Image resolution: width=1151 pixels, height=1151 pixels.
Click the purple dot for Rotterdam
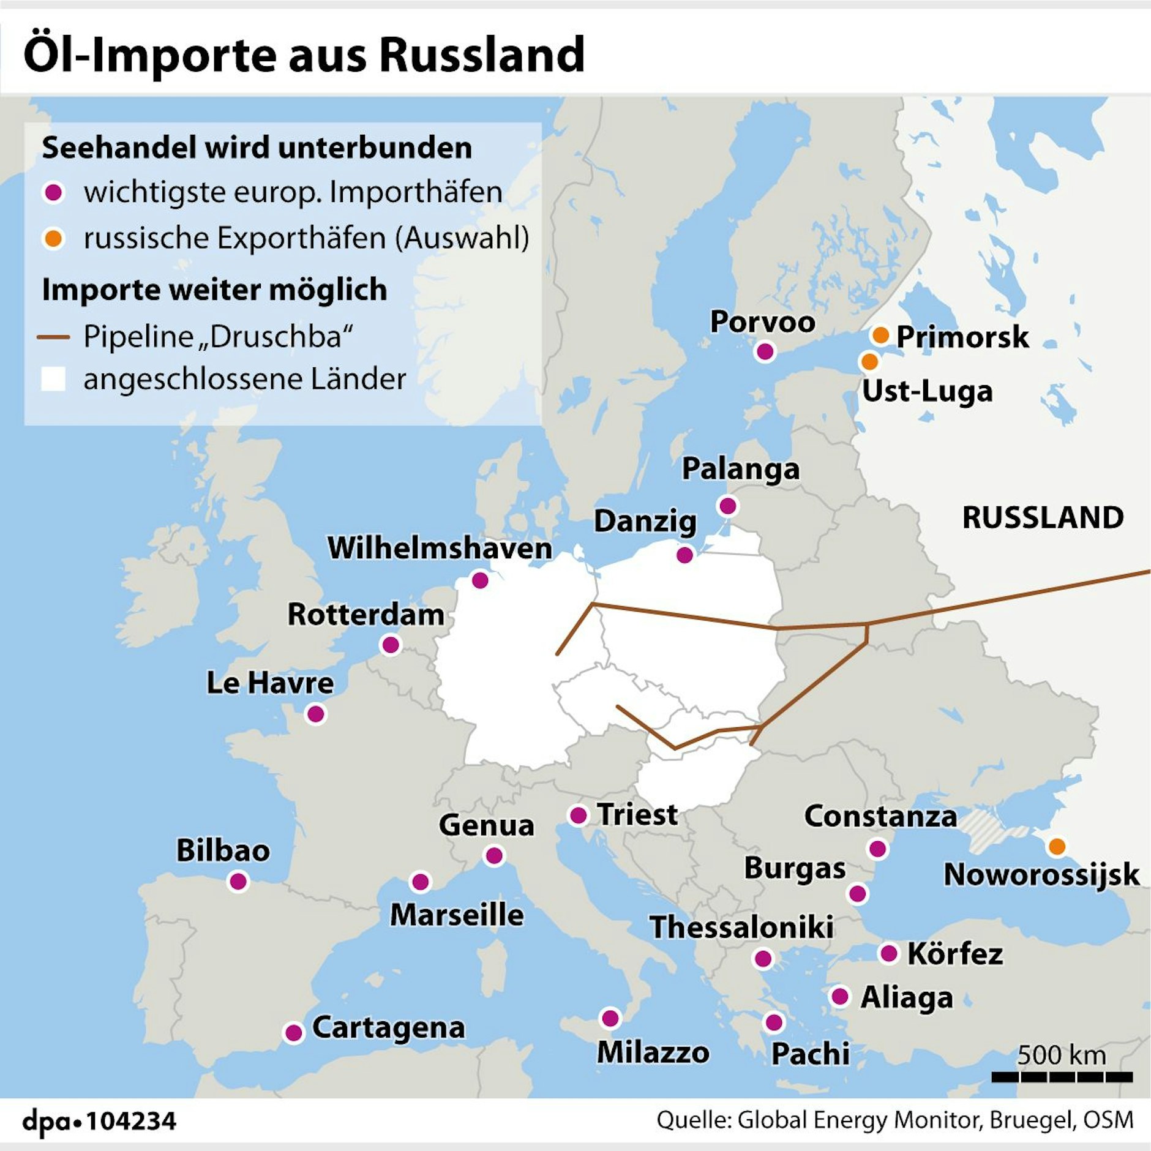pos(391,644)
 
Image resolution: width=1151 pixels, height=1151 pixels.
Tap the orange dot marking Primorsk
pos(880,335)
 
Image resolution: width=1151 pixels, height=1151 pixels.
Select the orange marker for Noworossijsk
pos(1057,847)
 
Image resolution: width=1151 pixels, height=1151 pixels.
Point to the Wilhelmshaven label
pos(440,548)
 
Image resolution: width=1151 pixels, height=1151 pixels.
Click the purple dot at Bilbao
pos(238,882)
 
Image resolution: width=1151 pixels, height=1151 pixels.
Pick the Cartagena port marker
pos(294,1033)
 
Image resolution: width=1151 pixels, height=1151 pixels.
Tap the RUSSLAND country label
pos(1043,518)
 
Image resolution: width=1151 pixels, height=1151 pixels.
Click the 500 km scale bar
pos(1062,1077)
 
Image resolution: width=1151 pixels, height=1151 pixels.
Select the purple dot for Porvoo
pos(765,351)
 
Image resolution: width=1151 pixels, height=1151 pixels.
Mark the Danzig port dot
pos(684,555)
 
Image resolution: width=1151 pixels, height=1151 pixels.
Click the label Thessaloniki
pos(741,927)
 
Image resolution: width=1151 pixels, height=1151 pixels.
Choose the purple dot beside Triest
pos(578,815)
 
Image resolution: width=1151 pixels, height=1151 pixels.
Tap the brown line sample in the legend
pos(53,337)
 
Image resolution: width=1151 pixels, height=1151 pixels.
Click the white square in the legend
pos(53,379)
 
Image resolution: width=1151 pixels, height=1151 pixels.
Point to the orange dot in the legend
pos(54,238)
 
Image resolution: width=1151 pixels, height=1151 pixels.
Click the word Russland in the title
pos(481,54)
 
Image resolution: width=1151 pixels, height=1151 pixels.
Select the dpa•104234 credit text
pos(99,1122)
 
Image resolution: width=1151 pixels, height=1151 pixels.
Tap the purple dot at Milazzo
pos(610,1018)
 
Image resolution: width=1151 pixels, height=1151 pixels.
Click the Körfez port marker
pos(888,953)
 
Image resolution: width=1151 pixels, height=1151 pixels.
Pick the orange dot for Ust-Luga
pos(869,362)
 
